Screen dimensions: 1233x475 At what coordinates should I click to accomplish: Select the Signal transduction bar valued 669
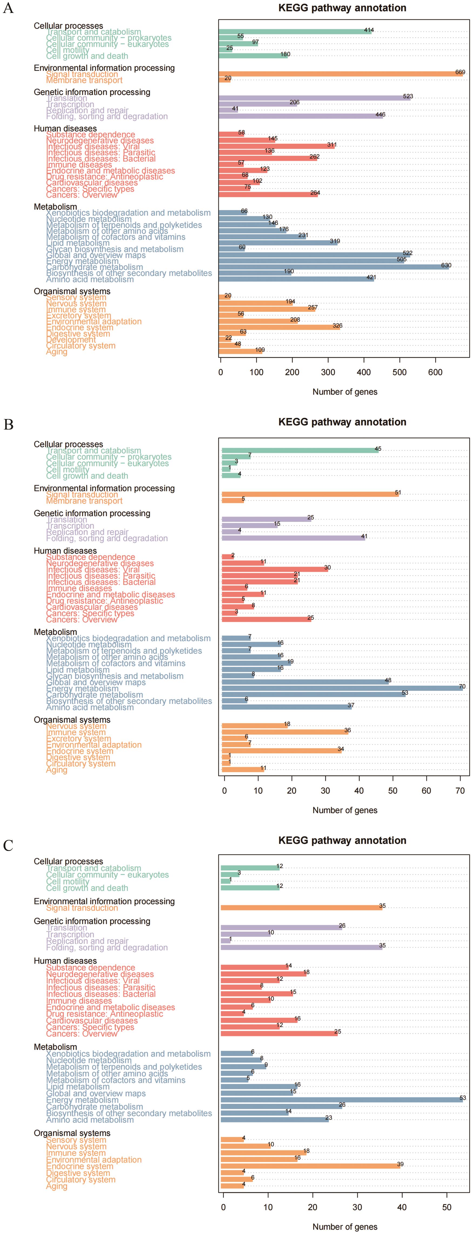pyautogui.click(x=341, y=74)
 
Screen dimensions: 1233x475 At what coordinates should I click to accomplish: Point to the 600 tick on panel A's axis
pyautogui.click(x=435, y=372)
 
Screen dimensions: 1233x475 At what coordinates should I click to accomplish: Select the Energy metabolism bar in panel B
pyautogui.click(x=342, y=688)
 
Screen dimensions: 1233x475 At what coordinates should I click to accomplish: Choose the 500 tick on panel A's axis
pyautogui.click(x=399, y=372)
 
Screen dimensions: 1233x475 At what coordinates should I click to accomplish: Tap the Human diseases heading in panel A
pyautogui.click(x=65, y=129)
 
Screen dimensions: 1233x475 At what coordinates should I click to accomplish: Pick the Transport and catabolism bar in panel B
pyautogui.click(x=300, y=450)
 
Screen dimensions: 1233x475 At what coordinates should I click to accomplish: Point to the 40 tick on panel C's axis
pyautogui.click(x=402, y=1207)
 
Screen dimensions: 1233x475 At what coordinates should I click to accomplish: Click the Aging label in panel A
pyautogui.click(x=56, y=352)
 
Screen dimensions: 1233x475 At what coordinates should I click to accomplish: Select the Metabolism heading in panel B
pyautogui.click(x=55, y=632)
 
